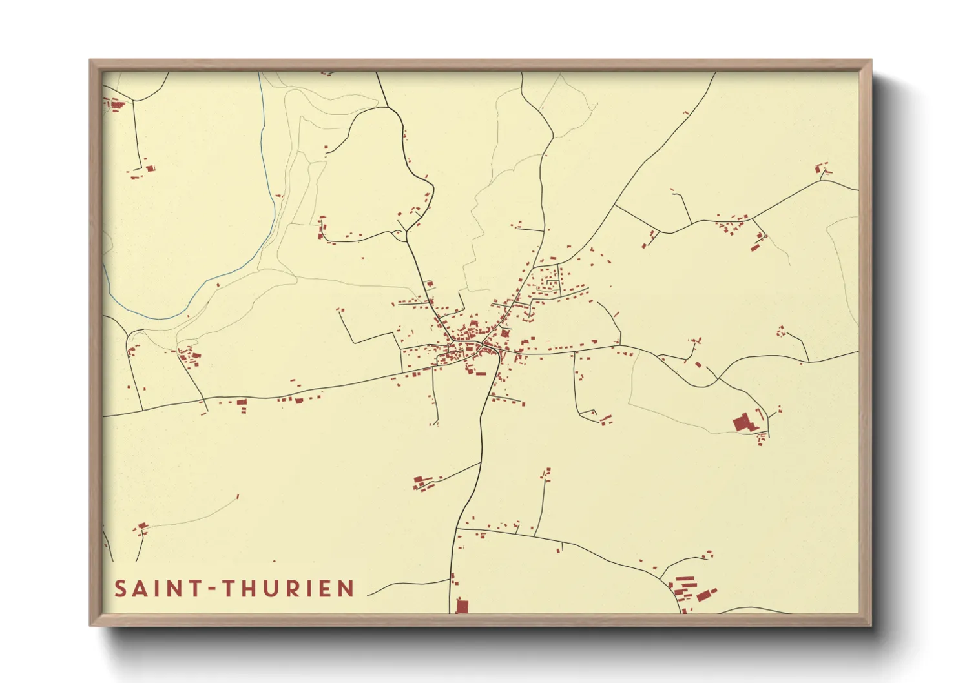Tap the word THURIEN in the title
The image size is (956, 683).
coord(288,589)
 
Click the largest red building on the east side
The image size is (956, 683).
coord(743,423)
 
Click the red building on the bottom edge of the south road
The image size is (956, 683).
coord(462,606)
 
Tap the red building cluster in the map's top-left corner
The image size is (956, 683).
coord(116,105)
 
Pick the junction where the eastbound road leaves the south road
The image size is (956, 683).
coord(457,529)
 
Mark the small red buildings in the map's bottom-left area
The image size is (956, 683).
coord(141,528)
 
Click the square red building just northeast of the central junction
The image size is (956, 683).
coord(504,334)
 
